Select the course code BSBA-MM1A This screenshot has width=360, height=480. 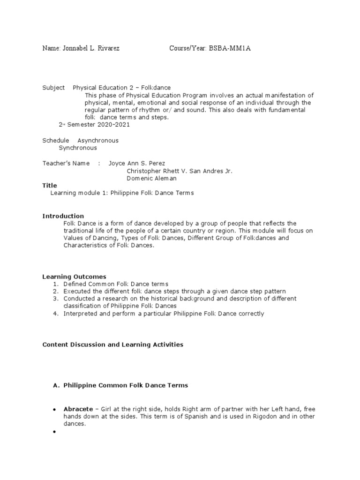click(228, 49)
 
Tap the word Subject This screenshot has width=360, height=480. click(53, 88)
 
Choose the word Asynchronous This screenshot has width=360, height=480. click(97, 141)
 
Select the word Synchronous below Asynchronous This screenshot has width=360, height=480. click(78, 148)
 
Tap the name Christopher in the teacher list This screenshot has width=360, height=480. click(144, 171)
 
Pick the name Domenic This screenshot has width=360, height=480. click(140, 179)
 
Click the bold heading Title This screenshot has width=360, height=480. click(50, 186)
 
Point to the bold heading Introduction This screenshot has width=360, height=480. click(63, 216)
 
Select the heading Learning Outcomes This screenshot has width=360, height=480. click(75, 277)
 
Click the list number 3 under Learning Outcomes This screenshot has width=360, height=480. click(55, 299)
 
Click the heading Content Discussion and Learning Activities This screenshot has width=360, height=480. click(113, 345)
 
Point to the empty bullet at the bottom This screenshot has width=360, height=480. click(54, 432)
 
